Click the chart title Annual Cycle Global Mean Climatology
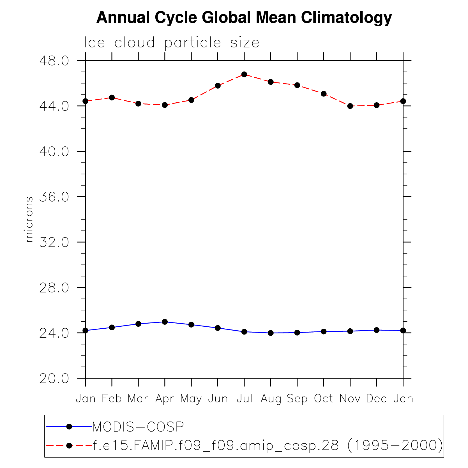(244, 17)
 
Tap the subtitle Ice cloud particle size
(172, 43)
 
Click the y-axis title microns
(29, 219)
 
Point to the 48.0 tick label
(54, 61)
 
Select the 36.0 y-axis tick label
(54, 197)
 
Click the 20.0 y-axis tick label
(54, 379)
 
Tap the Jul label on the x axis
(244, 398)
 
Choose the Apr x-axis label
(165, 399)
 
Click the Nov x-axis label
(350, 398)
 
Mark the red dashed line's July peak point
(244, 74)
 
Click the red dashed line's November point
(350, 106)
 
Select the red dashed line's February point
(112, 98)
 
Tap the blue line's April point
(165, 322)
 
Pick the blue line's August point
(271, 333)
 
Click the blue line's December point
(377, 330)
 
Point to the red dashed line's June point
(218, 86)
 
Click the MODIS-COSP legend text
(138, 427)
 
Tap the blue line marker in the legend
(69, 427)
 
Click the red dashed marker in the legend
(69, 445)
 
